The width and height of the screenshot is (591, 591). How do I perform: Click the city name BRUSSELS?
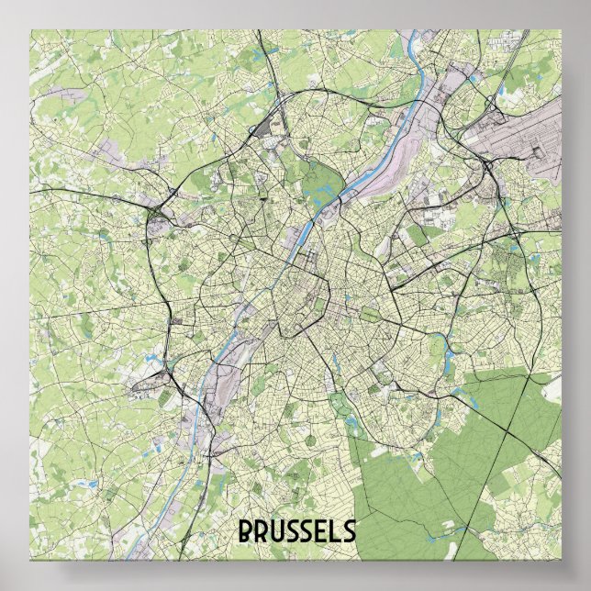point(296,530)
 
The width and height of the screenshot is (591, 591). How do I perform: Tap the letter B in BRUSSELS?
point(246,530)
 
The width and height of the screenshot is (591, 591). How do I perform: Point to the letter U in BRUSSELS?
point(275,530)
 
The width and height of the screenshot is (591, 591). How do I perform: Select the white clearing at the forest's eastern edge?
point(552,389)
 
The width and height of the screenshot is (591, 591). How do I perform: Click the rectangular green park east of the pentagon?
point(370,317)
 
